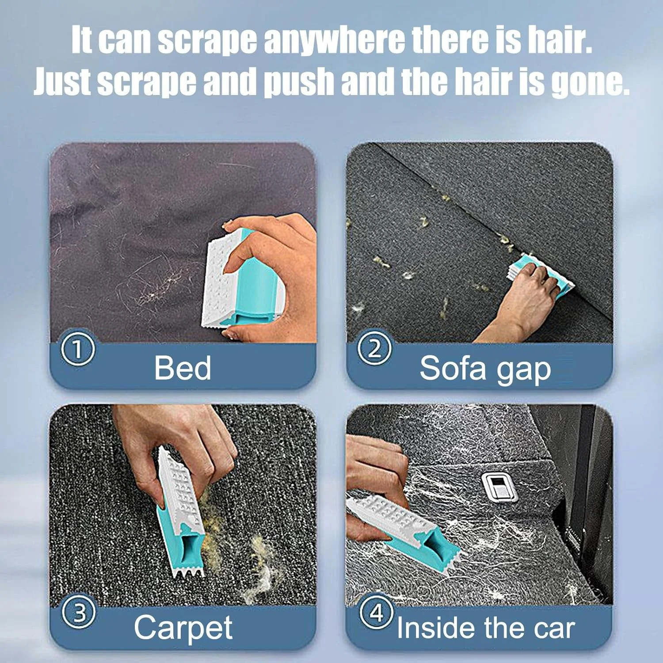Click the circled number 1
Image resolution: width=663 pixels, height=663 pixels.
click(77, 349)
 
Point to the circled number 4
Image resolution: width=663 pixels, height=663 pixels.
click(376, 612)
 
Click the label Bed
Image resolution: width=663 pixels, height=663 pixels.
click(182, 368)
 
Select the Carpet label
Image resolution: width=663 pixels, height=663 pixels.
click(183, 628)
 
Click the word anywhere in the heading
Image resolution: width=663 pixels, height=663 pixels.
click(334, 40)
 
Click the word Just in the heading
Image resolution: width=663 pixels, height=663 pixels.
click(62, 82)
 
